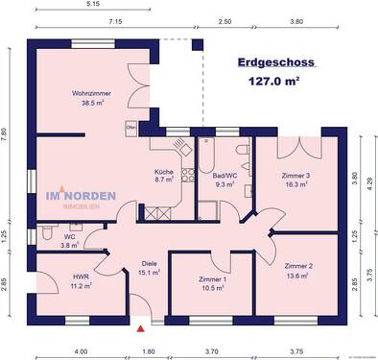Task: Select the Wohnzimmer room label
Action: [91, 93]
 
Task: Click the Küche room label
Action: [164, 172]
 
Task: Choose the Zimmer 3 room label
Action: [296, 175]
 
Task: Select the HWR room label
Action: [81, 277]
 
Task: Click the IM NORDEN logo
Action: [81, 199]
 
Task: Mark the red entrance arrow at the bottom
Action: [143, 328]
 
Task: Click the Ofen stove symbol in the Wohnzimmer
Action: [131, 127]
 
